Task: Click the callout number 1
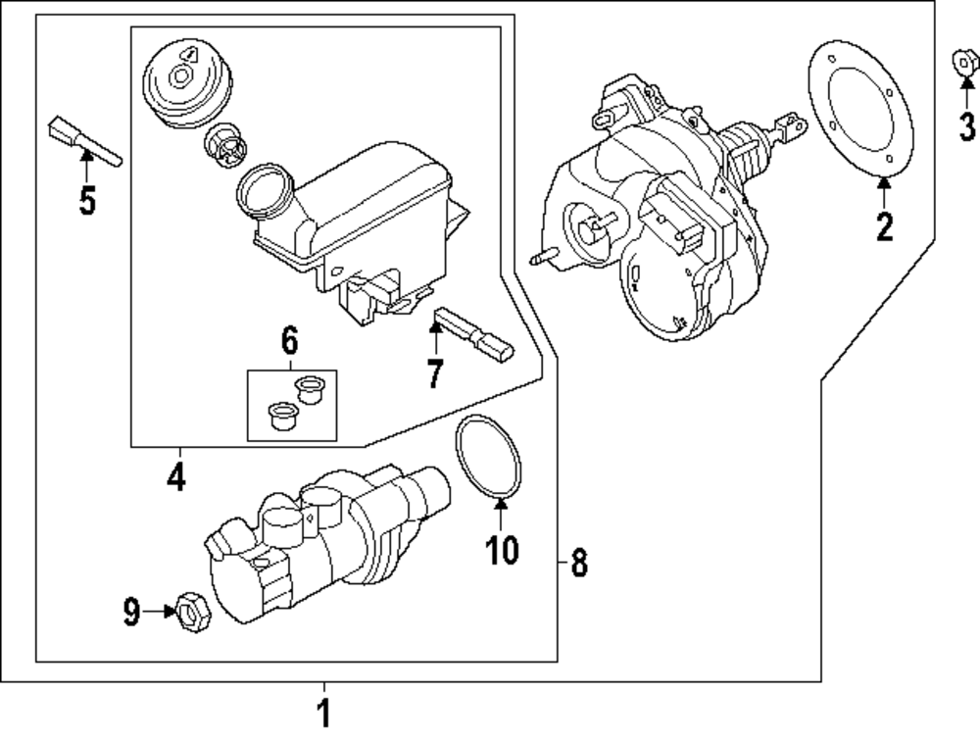pos(324,713)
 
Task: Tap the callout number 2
pos(885,227)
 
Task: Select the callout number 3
pos(966,125)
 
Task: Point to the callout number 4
pos(175,476)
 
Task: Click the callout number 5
pos(87,201)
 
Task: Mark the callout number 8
pos(579,563)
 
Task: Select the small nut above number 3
pos(965,64)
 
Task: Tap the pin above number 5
pos(82,141)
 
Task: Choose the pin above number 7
pos(474,332)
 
